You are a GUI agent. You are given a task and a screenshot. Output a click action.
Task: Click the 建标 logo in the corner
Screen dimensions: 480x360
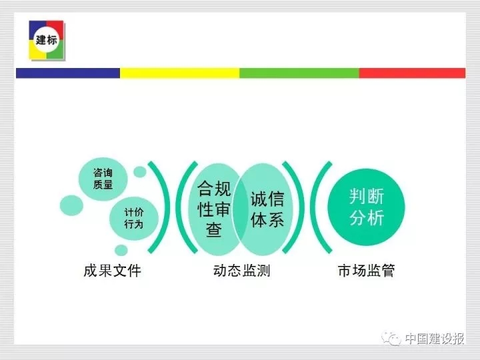47,40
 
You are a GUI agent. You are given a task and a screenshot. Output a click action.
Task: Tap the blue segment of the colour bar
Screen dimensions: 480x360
68,73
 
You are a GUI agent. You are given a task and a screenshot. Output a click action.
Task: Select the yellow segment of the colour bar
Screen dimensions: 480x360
180,73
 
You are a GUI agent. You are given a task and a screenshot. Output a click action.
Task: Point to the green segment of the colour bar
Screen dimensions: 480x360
299,73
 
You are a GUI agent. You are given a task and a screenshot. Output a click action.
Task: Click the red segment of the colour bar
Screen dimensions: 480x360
413,73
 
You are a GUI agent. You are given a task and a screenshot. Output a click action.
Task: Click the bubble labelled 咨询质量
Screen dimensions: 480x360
103,179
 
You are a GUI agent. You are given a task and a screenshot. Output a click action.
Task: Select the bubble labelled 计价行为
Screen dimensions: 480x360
134,218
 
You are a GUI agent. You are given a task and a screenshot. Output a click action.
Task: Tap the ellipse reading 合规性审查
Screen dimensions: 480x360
214,209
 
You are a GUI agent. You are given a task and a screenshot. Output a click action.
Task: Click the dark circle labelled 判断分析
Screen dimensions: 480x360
366,207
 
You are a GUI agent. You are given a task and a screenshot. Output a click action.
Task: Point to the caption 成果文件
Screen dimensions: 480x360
113,271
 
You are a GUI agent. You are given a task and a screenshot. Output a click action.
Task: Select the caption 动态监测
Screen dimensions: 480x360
242,271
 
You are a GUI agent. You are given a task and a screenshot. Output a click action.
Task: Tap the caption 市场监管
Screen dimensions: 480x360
367,271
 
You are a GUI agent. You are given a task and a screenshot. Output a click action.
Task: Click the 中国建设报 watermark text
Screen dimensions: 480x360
435,339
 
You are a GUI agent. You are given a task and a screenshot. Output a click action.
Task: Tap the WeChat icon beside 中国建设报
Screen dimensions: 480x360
391,339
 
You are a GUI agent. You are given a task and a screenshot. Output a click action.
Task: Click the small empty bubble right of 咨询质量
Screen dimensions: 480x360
140,172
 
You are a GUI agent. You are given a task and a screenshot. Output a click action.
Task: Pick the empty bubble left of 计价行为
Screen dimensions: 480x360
71,205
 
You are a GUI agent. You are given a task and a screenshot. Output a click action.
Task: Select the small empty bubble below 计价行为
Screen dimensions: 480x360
121,250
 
